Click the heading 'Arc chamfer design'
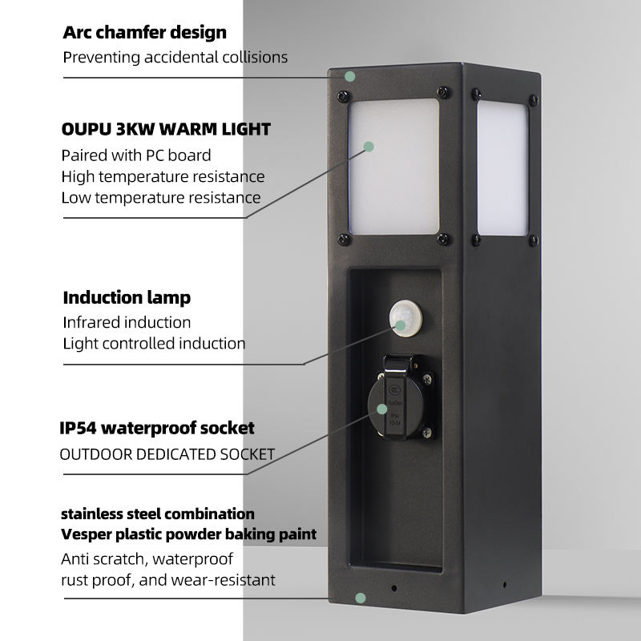[144, 33]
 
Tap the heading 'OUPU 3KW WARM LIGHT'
[166, 129]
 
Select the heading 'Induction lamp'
[127, 298]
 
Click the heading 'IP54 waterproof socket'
[157, 428]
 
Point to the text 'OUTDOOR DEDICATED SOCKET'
[167, 454]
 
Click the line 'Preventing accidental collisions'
[175, 57]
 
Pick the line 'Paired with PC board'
[136, 155]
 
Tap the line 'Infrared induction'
[127, 322]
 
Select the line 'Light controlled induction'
[154, 343]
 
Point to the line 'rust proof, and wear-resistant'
[168, 579]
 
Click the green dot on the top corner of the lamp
[350, 77]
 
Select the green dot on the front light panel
[369, 147]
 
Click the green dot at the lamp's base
[361, 598]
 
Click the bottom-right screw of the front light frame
[441, 238]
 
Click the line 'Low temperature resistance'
[160, 197]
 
